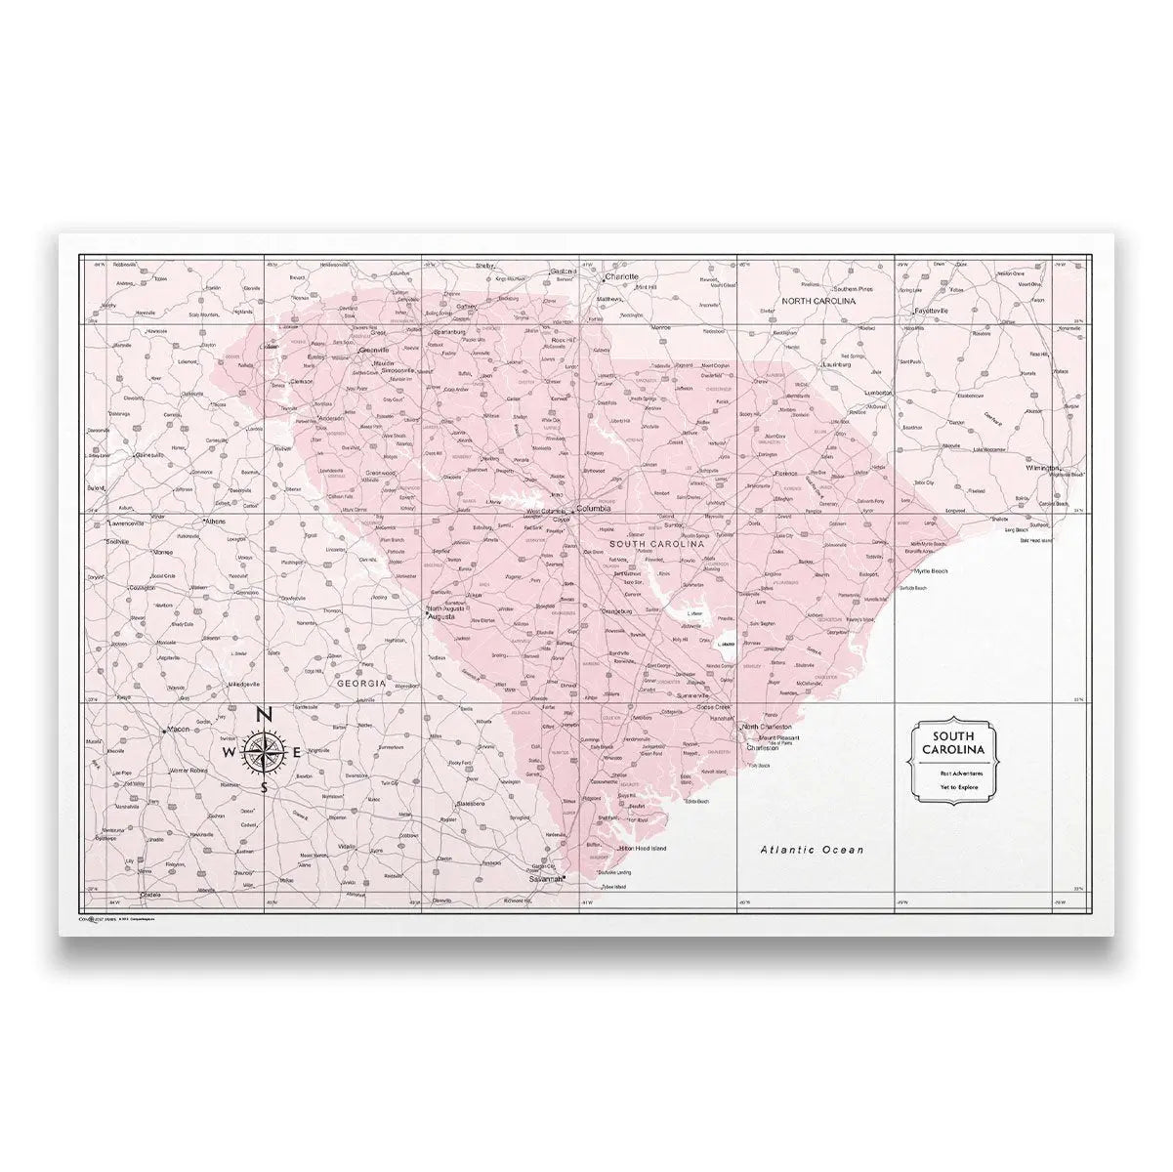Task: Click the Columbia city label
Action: pyautogui.click(x=594, y=509)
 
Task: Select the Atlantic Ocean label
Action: pyautogui.click(x=812, y=850)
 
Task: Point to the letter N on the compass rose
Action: pyautogui.click(x=264, y=715)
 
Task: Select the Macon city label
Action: pyautogui.click(x=178, y=729)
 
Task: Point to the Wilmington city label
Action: pyautogui.click(x=1043, y=468)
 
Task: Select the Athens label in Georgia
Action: pyautogui.click(x=214, y=522)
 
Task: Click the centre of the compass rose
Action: pyautogui.click(x=264, y=752)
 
